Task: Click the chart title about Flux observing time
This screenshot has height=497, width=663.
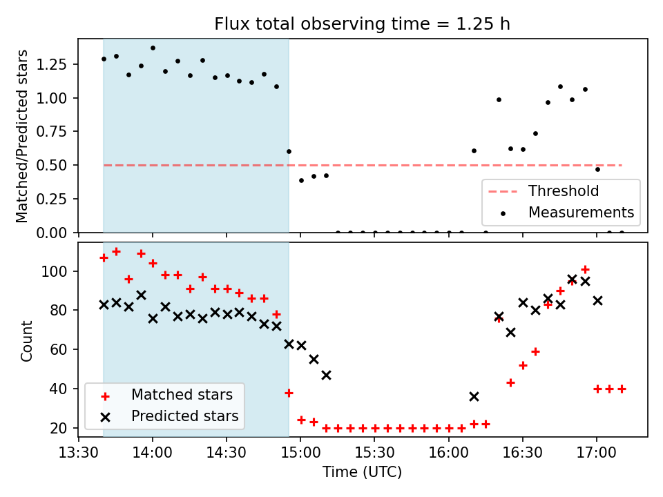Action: pos(363,24)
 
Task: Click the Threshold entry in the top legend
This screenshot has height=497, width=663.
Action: pos(564,191)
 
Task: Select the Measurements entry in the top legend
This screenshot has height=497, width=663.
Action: pos(581,213)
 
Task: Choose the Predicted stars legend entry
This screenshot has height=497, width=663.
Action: pos(184,416)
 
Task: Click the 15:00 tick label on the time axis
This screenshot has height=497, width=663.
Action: pos(300,454)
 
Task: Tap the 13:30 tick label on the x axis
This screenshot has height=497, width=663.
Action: pos(79,454)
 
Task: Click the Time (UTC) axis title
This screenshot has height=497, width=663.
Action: pos(362,473)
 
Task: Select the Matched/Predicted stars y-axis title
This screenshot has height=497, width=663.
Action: pos(22,136)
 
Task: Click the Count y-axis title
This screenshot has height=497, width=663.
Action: pos(27,340)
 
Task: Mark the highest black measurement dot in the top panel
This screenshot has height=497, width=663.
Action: pos(153,48)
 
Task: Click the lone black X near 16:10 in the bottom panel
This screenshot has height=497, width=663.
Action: pos(474,396)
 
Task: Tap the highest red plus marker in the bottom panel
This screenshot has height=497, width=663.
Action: pos(116,251)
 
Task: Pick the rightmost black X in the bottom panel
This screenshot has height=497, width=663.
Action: pos(597,300)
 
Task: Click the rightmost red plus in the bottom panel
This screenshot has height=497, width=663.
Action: pos(622,389)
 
